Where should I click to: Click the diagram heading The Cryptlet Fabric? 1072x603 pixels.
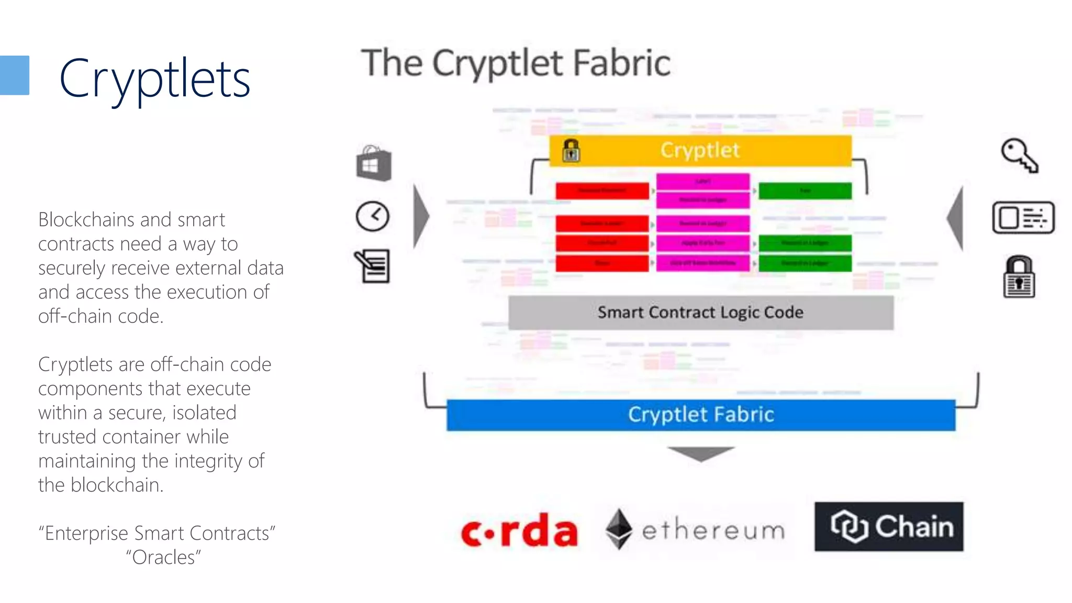[516, 63]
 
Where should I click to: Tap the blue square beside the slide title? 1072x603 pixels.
[14, 75]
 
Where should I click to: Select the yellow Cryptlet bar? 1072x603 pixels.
[700, 151]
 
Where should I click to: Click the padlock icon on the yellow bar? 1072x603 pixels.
[571, 151]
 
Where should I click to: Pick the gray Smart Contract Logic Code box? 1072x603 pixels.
[700, 312]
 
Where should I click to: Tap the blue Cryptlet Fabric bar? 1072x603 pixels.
[700, 415]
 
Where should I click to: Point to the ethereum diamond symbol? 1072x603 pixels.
[619, 529]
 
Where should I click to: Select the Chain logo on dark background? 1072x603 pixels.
[888, 527]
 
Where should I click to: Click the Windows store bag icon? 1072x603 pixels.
[374, 164]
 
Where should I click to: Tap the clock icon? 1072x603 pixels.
[372, 216]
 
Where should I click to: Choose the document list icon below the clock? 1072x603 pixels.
[373, 266]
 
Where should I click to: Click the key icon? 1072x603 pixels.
[1019, 155]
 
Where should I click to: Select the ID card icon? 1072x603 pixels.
[1023, 217]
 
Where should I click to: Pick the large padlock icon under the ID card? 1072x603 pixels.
[1019, 277]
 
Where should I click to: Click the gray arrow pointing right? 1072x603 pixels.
[421, 216]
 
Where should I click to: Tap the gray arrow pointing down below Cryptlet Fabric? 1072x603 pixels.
[700, 453]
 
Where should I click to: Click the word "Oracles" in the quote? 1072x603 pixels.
[163, 557]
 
